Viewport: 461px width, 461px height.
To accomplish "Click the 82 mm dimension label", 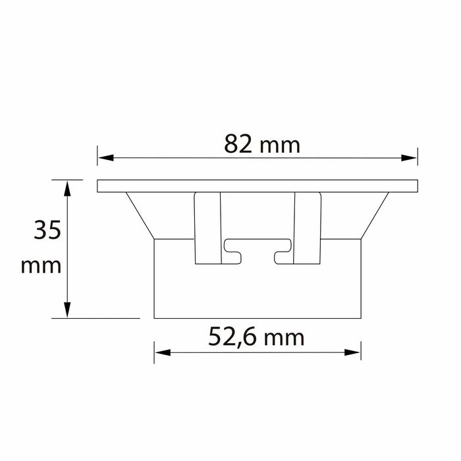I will tap(261, 144).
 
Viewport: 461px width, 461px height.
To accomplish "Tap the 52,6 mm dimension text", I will tap(257, 338).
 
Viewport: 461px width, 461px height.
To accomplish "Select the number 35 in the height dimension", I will tap(47, 230).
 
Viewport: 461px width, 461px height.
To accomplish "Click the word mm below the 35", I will tap(41, 266).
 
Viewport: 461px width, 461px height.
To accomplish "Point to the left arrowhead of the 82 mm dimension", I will tap(103, 157).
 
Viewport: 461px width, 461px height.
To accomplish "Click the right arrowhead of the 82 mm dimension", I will tap(412, 157).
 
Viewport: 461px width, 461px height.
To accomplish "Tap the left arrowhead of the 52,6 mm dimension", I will tap(159, 352).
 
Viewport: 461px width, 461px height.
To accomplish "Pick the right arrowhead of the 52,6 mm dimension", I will tap(356, 352).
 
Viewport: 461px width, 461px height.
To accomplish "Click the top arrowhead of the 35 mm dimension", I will tap(68, 185).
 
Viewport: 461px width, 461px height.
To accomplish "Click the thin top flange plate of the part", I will tap(258, 186).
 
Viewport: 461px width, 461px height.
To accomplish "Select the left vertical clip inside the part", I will tap(207, 228).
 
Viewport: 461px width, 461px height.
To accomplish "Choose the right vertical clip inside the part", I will tap(307, 228).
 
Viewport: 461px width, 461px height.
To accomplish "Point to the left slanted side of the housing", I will tap(140, 215).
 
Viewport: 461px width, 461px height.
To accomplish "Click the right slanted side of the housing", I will tap(375, 215).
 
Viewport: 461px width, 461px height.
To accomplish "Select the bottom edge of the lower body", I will tap(258, 318).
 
